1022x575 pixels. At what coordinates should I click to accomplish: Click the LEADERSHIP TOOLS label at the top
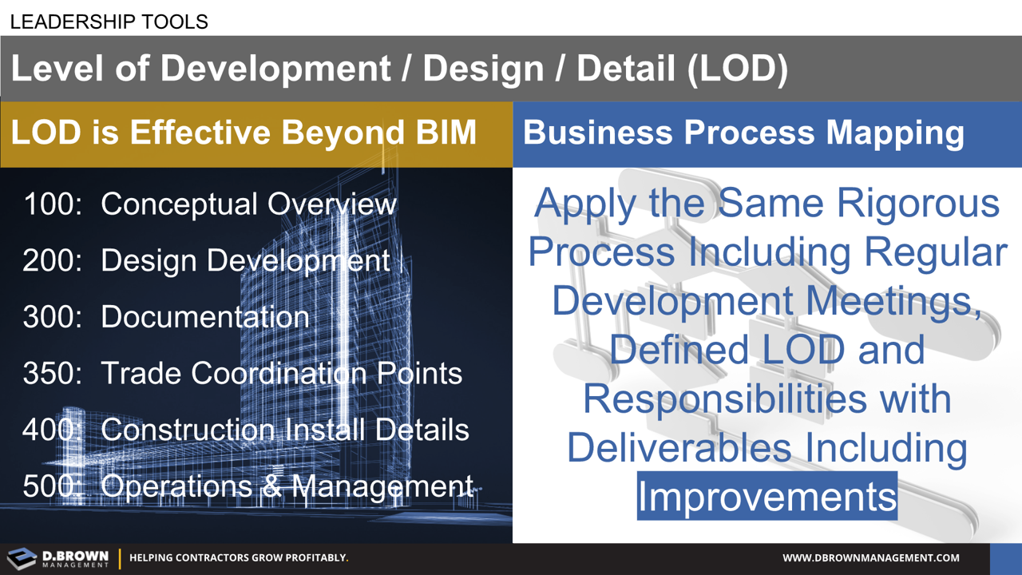109,22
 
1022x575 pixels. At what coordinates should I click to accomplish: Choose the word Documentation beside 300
204,318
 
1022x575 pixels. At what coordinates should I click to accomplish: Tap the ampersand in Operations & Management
273,486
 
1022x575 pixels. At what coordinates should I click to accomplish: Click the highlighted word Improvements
766,497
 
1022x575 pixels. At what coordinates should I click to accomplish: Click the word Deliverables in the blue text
679,447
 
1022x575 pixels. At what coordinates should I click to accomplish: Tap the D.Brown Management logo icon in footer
22,558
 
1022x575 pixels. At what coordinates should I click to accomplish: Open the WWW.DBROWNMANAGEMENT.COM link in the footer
870,558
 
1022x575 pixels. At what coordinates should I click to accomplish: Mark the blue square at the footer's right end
1005,559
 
